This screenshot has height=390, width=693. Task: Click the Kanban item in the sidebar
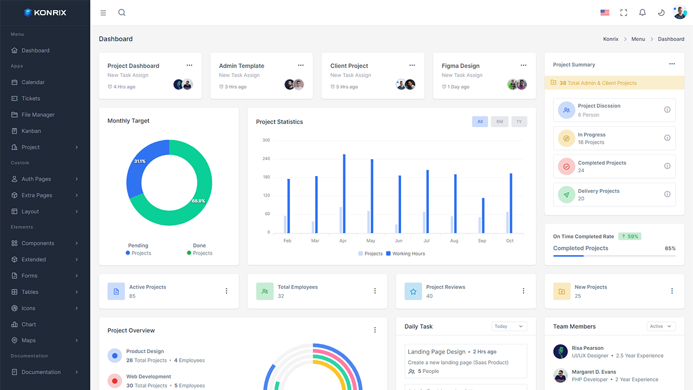(31, 131)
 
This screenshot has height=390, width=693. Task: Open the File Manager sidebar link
(38, 115)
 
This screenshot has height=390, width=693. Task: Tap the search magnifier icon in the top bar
(122, 12)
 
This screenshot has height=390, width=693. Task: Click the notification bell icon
(643, 12)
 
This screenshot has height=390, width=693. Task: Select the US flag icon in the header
(605, 12)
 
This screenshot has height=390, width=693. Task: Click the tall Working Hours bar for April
(344, 193)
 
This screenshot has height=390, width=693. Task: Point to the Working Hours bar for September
(483, 215)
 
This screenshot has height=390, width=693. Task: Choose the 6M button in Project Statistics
(500, 122)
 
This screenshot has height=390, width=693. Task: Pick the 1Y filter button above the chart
(519, 122)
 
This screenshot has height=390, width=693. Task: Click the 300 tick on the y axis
(266, 140)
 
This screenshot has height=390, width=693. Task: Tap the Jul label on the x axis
(426, 240)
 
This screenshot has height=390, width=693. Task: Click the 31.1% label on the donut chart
(140, 161)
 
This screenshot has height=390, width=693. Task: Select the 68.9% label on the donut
(198, 201)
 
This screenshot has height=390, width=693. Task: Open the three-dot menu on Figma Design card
(524, 66)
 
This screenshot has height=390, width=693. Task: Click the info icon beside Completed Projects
(667, 166)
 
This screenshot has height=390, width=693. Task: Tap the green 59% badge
(630, 236)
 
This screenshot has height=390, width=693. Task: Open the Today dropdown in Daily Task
(509, 326)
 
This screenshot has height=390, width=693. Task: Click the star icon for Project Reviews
(413, 291)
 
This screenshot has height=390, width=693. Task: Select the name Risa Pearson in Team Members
(587, 348)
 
